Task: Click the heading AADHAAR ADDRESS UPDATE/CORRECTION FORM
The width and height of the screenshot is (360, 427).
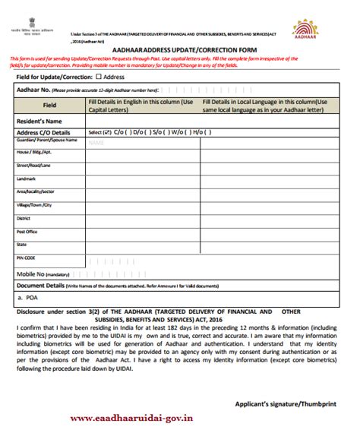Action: pos(182,49)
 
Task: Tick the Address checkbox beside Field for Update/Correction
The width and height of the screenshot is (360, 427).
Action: pos(99,77)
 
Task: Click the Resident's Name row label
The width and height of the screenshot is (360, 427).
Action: pos(39,121)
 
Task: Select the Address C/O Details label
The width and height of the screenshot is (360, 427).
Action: pos(44,132)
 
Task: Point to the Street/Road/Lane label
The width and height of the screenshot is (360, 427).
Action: pos(33,165)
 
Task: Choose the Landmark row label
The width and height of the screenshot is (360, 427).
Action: pos(27,179)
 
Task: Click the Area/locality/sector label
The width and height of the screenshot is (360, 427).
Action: pos(36,191)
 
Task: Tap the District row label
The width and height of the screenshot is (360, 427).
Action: pos(24,218)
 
